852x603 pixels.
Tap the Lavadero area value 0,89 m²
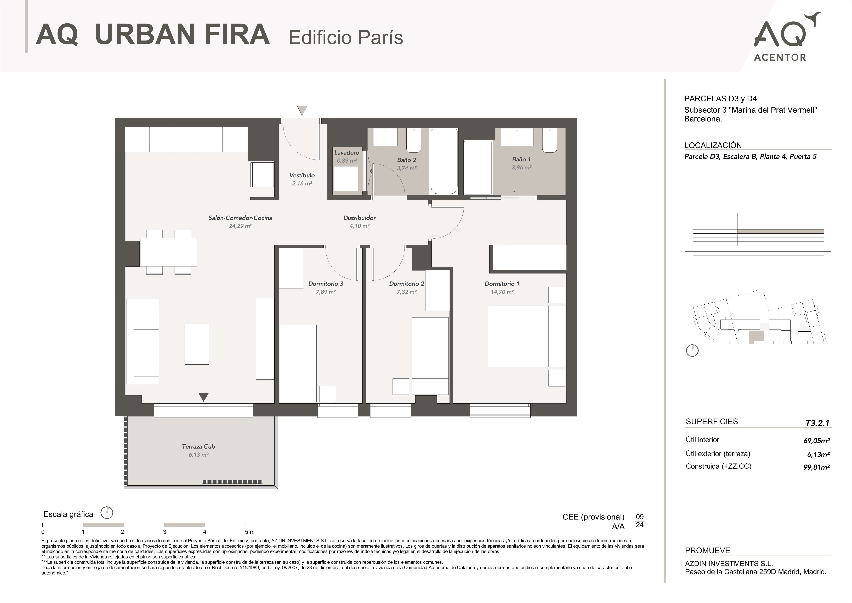347,161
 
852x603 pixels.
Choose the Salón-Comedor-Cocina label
240,218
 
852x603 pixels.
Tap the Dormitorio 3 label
326,284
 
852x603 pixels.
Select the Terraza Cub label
198,447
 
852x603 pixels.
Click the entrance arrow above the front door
302,110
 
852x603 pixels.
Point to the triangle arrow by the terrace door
203,397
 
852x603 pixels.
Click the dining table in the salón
168,252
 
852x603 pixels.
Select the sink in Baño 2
385,137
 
